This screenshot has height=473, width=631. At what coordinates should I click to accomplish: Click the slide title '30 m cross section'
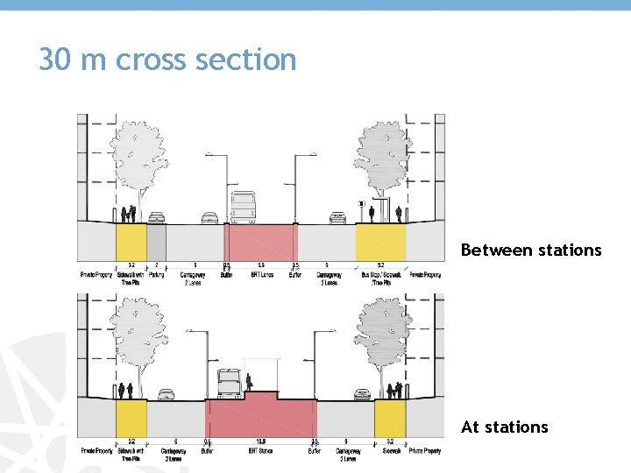click(167, 60)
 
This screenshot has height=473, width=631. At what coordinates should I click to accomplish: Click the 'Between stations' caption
click(531, 251)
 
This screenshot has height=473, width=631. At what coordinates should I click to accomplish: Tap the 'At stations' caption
click(504, 427)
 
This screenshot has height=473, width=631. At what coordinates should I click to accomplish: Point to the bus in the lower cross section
click(228, 384)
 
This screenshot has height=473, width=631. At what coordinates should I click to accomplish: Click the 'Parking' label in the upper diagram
click(156, 275)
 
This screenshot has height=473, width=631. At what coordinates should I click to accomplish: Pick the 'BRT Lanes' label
click(260, 275)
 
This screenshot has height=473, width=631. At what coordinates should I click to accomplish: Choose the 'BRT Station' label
click(260, 452)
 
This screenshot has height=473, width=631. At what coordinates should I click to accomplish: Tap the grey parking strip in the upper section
click(156, 242)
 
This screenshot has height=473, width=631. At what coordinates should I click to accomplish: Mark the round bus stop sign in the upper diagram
click(361, 204)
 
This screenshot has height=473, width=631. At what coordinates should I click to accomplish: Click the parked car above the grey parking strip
click(156, 217)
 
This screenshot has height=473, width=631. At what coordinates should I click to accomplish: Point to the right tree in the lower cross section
click(383, 337)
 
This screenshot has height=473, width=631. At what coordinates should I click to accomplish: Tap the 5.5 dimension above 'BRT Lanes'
click(260, 265)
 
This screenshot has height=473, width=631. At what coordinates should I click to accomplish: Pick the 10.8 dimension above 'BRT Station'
click(260, 441)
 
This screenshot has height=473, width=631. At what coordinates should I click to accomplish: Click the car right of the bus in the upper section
click(337, 217)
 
